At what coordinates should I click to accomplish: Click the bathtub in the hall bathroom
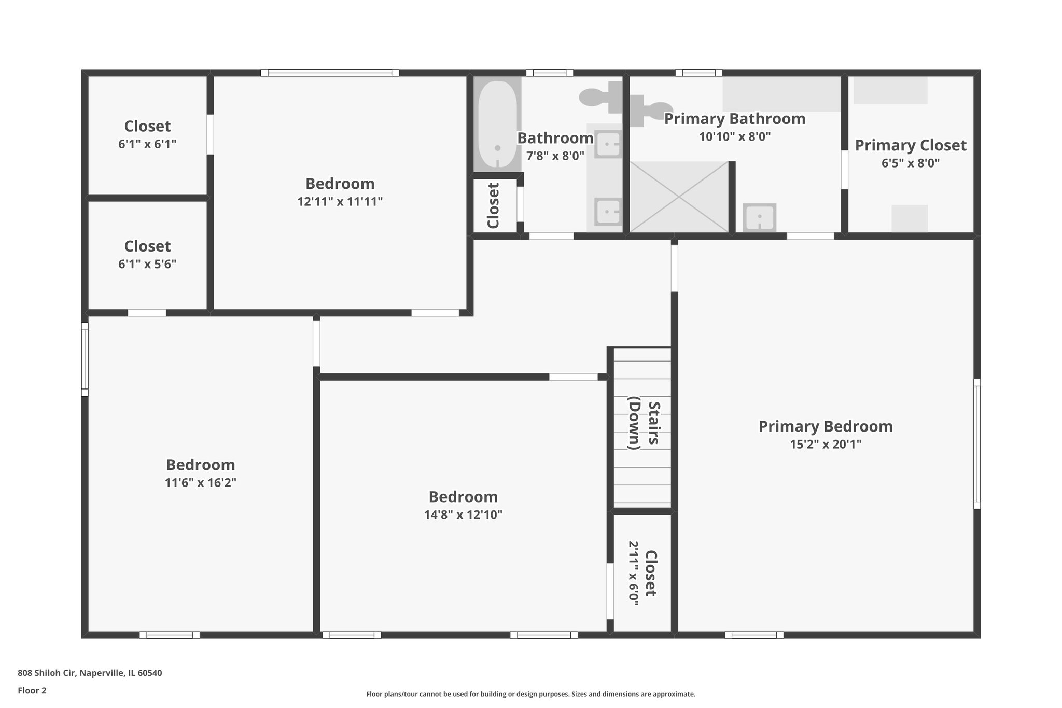pos(497,124)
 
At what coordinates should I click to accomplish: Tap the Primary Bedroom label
pos(826,426)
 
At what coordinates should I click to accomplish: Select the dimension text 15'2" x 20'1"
pos(826,445)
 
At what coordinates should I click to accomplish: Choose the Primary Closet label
pos(911,145)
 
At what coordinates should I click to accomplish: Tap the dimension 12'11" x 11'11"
pos(340,202)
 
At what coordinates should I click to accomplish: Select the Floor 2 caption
pos(32,690)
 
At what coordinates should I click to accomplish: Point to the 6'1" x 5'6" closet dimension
pos(147,264)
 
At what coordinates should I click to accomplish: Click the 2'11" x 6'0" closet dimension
pos(634,573)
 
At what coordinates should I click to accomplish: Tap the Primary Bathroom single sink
pos(759,217)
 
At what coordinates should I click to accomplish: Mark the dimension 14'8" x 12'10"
pos(463,515)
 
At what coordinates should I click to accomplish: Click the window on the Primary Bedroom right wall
pos(976,443)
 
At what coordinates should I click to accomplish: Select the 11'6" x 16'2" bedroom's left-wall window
pos(85,359)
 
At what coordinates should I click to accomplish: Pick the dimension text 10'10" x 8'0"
pos(735,137)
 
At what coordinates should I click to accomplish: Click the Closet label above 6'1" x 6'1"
pos(147,126)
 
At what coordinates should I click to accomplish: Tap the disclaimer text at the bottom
pos(530,694)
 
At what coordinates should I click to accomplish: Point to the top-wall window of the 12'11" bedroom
pos(330,73)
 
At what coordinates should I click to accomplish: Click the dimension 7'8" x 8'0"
pos(555,156)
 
